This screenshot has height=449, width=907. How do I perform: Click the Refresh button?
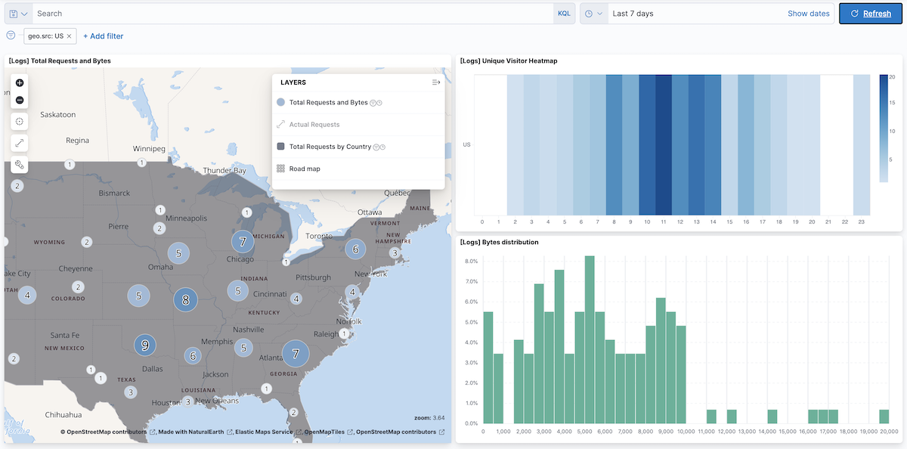(871, 14)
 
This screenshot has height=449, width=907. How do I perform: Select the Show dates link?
(808, 14)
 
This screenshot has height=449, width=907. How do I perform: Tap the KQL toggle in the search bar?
(564, 14)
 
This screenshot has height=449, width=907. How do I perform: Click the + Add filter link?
(103, 36)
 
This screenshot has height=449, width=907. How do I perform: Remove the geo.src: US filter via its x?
(70, 36)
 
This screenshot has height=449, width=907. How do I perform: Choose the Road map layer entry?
(305, 169)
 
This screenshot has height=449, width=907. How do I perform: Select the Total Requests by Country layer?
(330, 147)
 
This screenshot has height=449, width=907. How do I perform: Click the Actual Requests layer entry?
(314, 125)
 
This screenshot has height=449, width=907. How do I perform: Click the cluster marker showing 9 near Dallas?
(145, 345)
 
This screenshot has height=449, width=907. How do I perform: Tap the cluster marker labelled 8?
(186, 299)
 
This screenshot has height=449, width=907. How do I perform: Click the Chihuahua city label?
(63, 414)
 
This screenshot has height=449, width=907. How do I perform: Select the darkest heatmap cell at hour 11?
(664, 144)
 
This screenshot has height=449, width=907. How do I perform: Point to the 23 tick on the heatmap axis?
(861, 222)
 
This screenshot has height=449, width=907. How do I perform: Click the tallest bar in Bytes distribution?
(590, 339)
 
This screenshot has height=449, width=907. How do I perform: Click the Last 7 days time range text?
(633, 14)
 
